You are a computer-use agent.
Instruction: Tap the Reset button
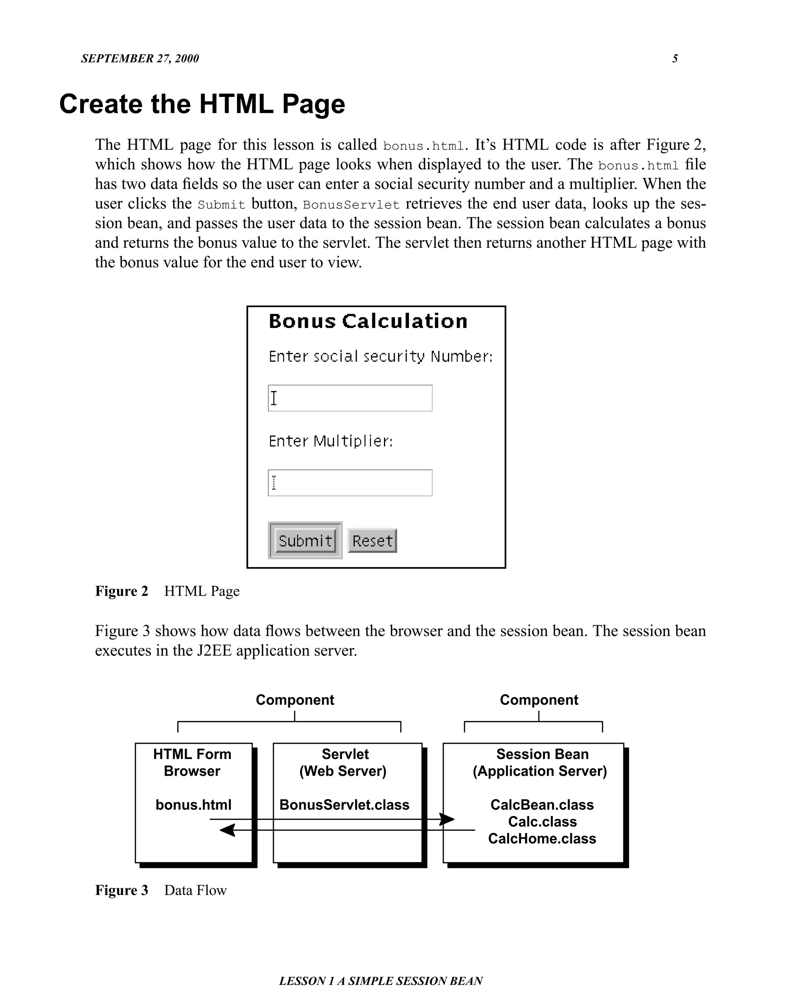(372, 540)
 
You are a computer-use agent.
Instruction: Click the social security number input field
(350, 398)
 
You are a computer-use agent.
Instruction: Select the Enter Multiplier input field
(350, 483)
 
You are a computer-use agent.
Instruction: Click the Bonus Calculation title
(368, 321)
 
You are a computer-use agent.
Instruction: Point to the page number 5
(675, 59)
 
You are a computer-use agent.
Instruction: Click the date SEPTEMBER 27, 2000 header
(139, 59)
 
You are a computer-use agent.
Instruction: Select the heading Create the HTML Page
(202, 104)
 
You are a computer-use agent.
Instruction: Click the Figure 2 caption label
(121, 591)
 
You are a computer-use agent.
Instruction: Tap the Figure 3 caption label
(121, 890)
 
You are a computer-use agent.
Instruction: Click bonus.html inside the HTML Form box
(193, 805)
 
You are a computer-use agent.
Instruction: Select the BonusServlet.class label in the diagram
(345, 805)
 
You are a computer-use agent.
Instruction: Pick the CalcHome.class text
(542, 838)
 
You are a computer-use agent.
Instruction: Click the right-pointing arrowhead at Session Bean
(447, 819)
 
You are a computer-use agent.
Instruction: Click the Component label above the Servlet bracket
(295, 700)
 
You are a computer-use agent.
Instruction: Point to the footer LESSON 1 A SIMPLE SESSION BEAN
(381, 981)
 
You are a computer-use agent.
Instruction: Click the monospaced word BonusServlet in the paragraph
(351, 205)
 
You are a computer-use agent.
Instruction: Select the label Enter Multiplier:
(330, 441)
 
